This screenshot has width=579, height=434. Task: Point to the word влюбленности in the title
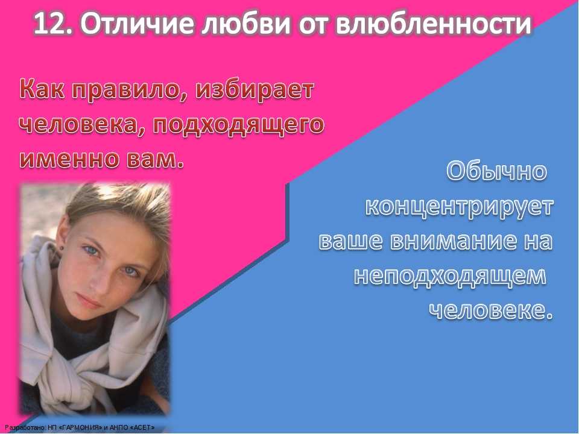point(434,24)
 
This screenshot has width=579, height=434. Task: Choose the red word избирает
point(254,89)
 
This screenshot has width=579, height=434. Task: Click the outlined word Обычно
point(496,171)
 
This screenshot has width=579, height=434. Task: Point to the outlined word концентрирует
point(460,207)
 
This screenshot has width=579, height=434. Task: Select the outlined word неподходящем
point(450,277)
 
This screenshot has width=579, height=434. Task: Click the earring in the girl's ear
point(60,247)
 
